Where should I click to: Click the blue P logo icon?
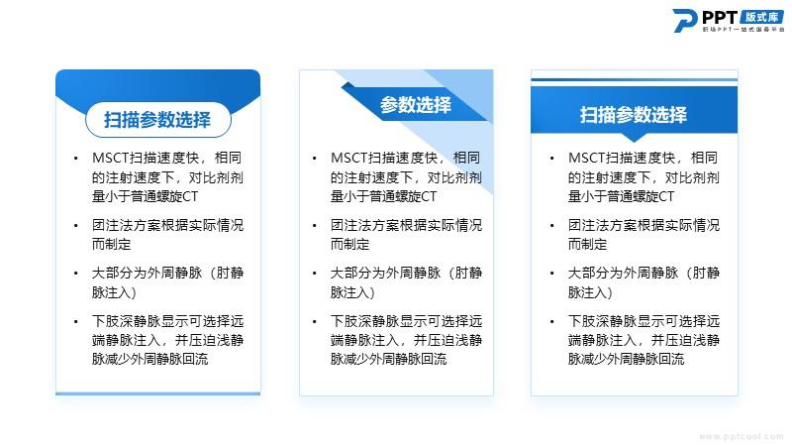685,21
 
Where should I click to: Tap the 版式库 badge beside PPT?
762,17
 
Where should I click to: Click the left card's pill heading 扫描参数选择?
157,120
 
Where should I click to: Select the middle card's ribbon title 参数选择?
415,105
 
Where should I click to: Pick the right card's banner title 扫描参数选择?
634,115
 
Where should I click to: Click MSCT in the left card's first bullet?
111,158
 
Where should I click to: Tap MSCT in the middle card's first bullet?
349,158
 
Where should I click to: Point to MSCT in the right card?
587,158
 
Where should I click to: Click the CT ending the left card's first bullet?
190,196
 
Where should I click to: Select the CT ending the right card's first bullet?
666,196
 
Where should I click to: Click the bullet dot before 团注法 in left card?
76,226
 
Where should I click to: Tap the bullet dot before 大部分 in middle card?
314,274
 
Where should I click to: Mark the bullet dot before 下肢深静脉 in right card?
552,321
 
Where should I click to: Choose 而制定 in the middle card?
350,244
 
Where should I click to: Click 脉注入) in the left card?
114,292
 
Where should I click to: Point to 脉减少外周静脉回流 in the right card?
627,359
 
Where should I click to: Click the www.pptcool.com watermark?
741,436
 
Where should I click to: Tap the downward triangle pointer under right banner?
634,137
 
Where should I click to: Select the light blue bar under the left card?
158,393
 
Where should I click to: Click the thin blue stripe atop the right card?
635,79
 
